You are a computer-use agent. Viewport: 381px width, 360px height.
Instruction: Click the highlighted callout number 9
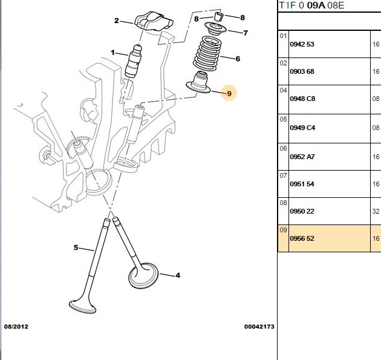(x=229, y=94)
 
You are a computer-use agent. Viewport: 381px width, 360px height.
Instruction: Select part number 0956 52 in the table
(x=302, y=238)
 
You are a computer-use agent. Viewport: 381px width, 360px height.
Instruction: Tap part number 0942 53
(x=302, y=44)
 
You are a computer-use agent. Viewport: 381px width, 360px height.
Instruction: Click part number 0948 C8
(x=302, y=99)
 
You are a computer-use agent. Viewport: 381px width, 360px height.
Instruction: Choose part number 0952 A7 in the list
(x=302, y=157)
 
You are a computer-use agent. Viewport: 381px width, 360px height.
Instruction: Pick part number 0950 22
(x=302, y=211)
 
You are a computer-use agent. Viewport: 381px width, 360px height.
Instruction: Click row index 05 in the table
(x=283, y=119)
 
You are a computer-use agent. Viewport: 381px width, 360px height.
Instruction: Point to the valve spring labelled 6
(x=207, y=54)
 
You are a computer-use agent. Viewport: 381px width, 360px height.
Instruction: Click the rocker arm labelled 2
(x=154, y=21)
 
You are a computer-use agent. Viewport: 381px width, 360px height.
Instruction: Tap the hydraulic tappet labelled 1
(x=134, y=61)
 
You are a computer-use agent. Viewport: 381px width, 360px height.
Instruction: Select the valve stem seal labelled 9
(x=198, y=83)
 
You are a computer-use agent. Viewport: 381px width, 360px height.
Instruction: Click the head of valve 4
(x=143, y=275)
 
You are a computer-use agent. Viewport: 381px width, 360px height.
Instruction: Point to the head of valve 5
(x=82, y=307)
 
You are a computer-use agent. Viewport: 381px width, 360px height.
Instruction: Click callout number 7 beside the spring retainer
(x=246, y=33)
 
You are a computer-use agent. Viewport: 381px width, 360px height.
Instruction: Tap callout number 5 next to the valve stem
(x=76, y=247)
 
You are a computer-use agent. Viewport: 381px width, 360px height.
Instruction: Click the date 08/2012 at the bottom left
(x=16, y=327)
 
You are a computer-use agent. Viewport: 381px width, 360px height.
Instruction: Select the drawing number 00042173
(x=259, y=327)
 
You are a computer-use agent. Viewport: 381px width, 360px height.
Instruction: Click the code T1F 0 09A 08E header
(x=311, y=5)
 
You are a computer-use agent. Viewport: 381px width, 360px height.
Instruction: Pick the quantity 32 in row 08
(x=376, y=212)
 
